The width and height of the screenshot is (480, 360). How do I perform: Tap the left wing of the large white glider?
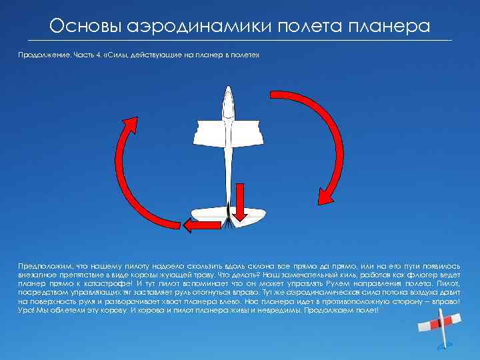[x=213, y=133]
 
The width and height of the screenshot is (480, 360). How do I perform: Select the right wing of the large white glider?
[x=247, y=133]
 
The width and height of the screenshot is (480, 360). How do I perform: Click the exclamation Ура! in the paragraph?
[x=27, y=311]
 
